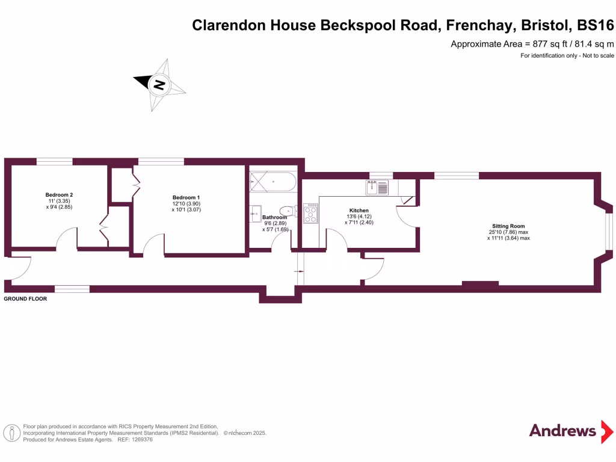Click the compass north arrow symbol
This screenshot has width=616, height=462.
pyautogui.click(x=159, y=85)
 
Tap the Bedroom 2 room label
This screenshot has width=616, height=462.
pyautogui.click(x=59, y=195)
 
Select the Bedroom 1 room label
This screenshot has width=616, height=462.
pyautogui.click(x=186, y=198)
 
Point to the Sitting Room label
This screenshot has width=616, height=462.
pyautogui.click(x=508, y=226)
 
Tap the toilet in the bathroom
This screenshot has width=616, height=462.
pyautogui.click(x=288, y=211)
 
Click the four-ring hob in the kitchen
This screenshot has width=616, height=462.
pyautogui.click(x=311, y=214)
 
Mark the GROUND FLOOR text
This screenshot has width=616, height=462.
pyautogui.click(x=25, y=298)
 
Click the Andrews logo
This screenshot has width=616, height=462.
pyautogui.click(x=562, y=431)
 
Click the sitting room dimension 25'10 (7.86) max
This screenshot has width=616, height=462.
pyautogui.click(x=508, y=232)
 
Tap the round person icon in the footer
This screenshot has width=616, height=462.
pyautogui.click(x=10, y=433)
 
